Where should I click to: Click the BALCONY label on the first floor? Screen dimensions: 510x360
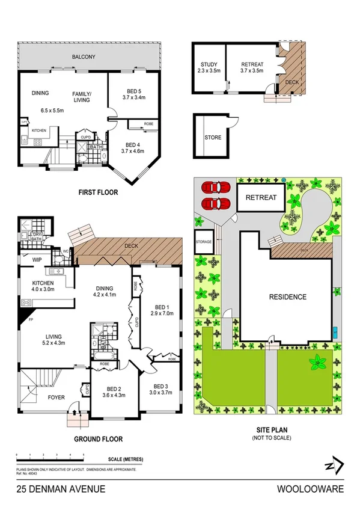(84, 57)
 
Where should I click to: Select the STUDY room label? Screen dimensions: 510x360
(208, 65)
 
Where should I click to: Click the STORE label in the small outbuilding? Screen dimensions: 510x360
(213, 138)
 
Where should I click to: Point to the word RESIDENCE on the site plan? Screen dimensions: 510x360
(287, 297)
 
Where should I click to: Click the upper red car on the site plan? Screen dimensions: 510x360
(215, 187)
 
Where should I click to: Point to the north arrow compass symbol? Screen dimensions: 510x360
(335, 466)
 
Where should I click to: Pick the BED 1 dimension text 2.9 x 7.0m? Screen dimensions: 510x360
(163, 313)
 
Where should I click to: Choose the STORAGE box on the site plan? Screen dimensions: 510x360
(203, 242)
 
